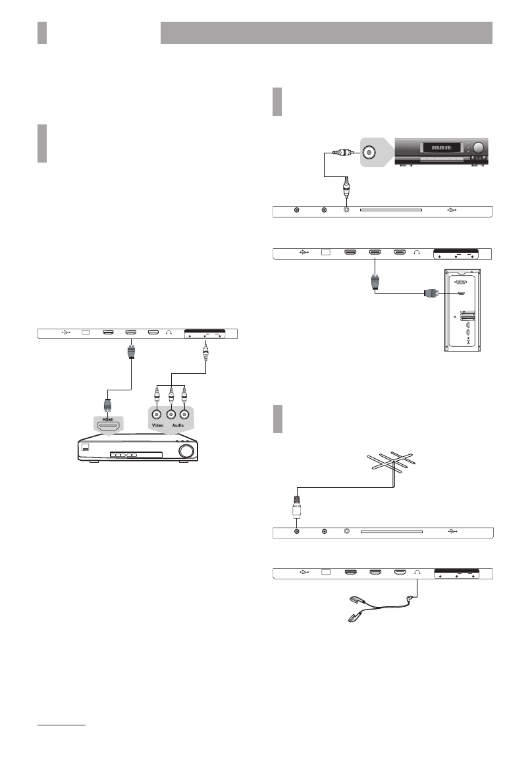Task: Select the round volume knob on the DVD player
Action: pyautogui.click(x=188, y=451)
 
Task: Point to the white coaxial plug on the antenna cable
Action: pyautogui.click(x=297, y=511)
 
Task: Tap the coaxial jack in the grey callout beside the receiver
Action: pyautogui.click(x=369, y=153)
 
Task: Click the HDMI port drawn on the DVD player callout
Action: pyautogui.click(x=108, y=427)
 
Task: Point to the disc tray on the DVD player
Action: pyautogui.click(x=136, y=454)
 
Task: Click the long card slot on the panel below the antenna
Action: pyautogui.click(x=390, y=532)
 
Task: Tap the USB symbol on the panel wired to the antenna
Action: pyautogui.click(x=451, y=532)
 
